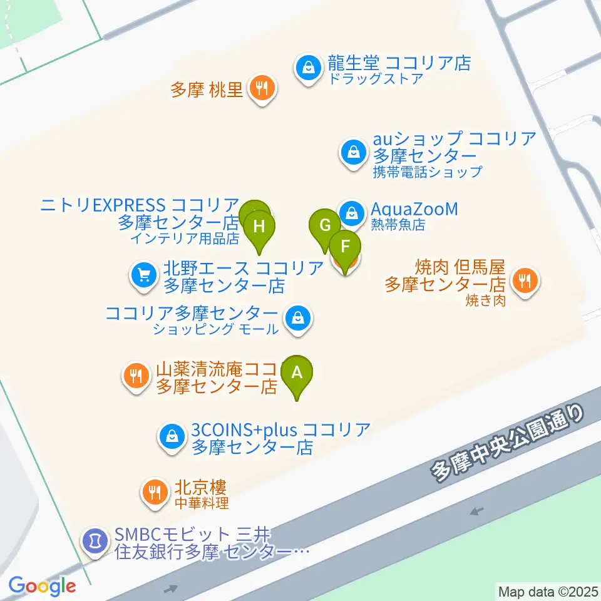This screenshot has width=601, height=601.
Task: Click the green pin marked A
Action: [x=297, y=373]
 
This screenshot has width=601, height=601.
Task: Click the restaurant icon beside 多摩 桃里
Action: [x=260, y=88]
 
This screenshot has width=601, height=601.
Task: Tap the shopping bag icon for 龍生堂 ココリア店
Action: [x=308, y=68]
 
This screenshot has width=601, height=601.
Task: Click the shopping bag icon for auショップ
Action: [x=354, y=151]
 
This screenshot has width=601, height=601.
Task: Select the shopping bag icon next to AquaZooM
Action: [x=352, y=212]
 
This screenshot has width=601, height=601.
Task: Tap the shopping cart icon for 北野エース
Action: [x=144, y=274]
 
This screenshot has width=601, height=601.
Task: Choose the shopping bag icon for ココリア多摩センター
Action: [x=299, y=318]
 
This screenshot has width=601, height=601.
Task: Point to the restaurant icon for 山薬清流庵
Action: [x=136, y=376]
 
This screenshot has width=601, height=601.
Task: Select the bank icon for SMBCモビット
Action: [x=95, y=539]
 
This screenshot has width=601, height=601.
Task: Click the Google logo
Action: [x=42, y=585]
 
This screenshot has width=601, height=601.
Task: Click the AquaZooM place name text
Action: [x=414, y=208]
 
